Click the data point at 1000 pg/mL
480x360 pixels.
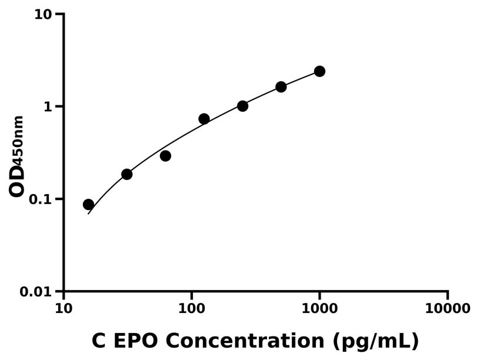pos(319,71)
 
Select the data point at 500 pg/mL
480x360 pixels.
pos(281,86)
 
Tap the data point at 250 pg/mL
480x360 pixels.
pos(242,106)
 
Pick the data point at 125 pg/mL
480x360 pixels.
pos(204,119)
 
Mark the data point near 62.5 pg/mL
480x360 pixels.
pos(165,156)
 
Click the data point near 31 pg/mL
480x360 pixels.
pos(127,174)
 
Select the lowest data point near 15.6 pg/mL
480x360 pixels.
pos(88,205)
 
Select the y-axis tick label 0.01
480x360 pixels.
pos(36,292)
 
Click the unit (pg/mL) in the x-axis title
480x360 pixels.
pos(375,341)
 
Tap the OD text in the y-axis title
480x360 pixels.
pos(17,181)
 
